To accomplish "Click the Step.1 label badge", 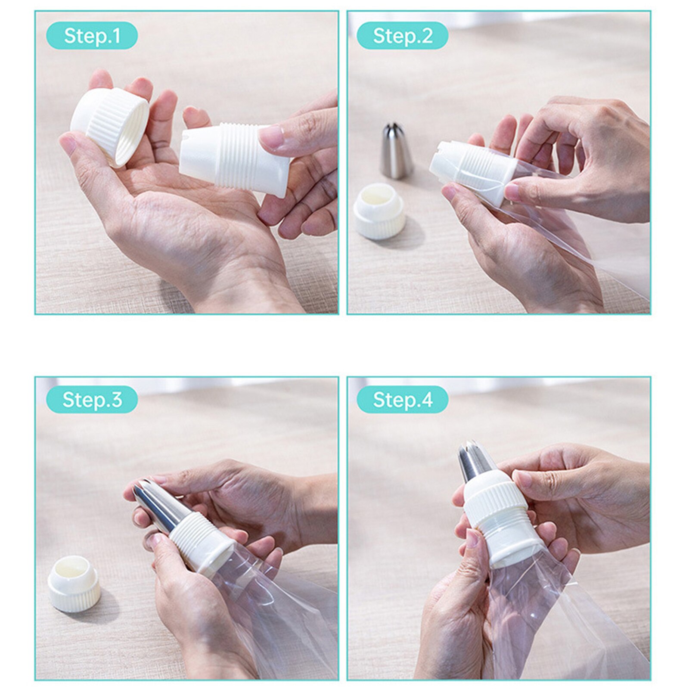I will (x=92, y=35).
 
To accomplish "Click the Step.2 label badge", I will (x=402, y=35).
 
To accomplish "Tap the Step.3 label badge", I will (x=92, y=399).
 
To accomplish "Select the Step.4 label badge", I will (x=402, y=399).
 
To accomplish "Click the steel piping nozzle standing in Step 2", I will (x=395, y=151).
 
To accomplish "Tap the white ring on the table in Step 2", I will (x=379, y=211).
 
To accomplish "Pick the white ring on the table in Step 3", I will (x=74, y=583).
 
